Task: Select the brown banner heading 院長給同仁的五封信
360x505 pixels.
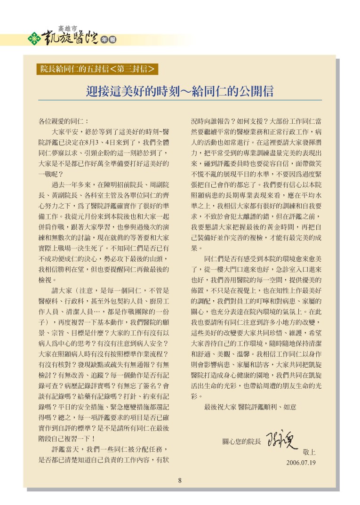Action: [x=74, y=69]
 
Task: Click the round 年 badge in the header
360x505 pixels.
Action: [x=104, y=40]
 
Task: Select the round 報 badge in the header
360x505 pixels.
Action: [x=112, y=40]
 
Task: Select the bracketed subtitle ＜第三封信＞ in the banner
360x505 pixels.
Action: [x=133, y=69]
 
